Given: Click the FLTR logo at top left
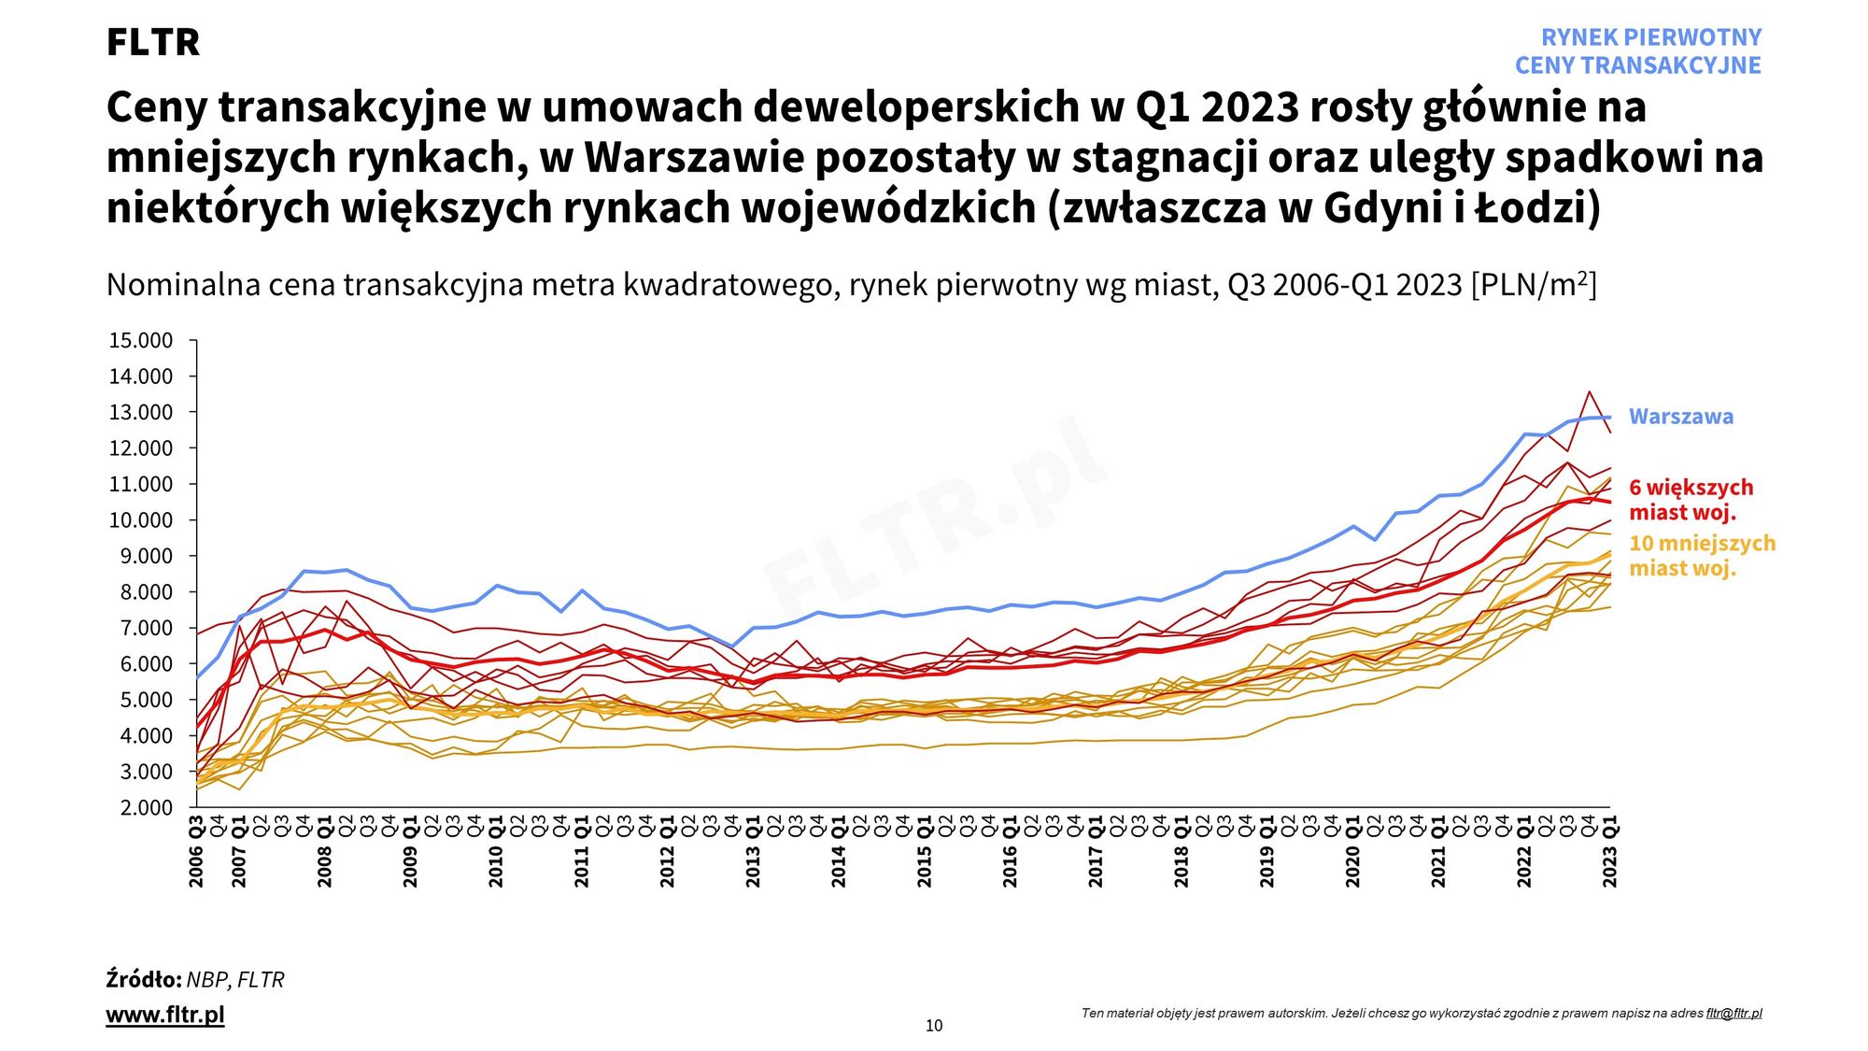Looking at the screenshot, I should pos(153,42).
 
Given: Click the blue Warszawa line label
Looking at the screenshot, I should pos(1680,417).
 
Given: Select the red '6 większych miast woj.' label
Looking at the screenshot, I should pos(1691,500).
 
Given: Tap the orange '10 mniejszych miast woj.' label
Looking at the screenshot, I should pos(1702,556).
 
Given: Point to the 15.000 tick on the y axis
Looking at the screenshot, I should pos(141,340).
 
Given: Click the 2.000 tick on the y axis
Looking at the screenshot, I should pos(146,807).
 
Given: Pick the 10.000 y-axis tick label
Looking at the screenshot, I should pos(141,520).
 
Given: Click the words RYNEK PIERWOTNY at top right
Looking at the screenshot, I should pos(1650,37).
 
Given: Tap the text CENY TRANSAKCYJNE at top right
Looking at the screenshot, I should pos(1637,65).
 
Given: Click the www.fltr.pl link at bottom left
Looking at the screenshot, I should pos(165,1015).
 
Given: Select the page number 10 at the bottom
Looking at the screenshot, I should pos(934,1026).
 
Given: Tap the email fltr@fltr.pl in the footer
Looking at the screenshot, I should pos(1734,1013).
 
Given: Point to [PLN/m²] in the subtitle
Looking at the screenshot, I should pos(1534,284).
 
